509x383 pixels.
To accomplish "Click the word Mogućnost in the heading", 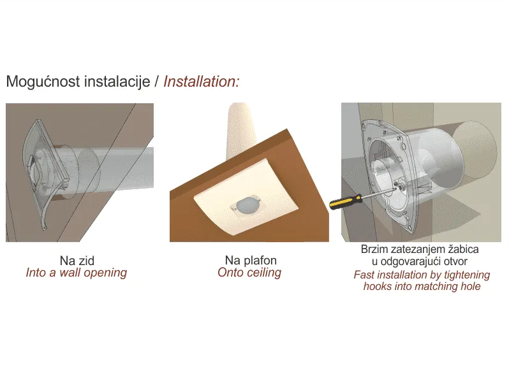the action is click(x=43, y=82).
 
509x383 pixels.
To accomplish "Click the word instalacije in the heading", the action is click(x=117, y=81).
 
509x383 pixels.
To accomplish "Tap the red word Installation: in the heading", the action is click(x=202, y=81).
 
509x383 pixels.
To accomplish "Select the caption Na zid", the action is click(x=77, y=261).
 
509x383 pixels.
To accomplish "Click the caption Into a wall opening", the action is click(x=77, y=273).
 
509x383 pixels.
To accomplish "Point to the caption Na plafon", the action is click(x=251, y=260).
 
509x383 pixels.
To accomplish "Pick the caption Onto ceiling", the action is click(x=249, y=272).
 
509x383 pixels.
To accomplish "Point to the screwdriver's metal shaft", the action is click(x=378, y=192).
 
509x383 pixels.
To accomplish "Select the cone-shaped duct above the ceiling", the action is click(x=240, y=130).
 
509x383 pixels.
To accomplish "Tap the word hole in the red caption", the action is click(x=471, y=286).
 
